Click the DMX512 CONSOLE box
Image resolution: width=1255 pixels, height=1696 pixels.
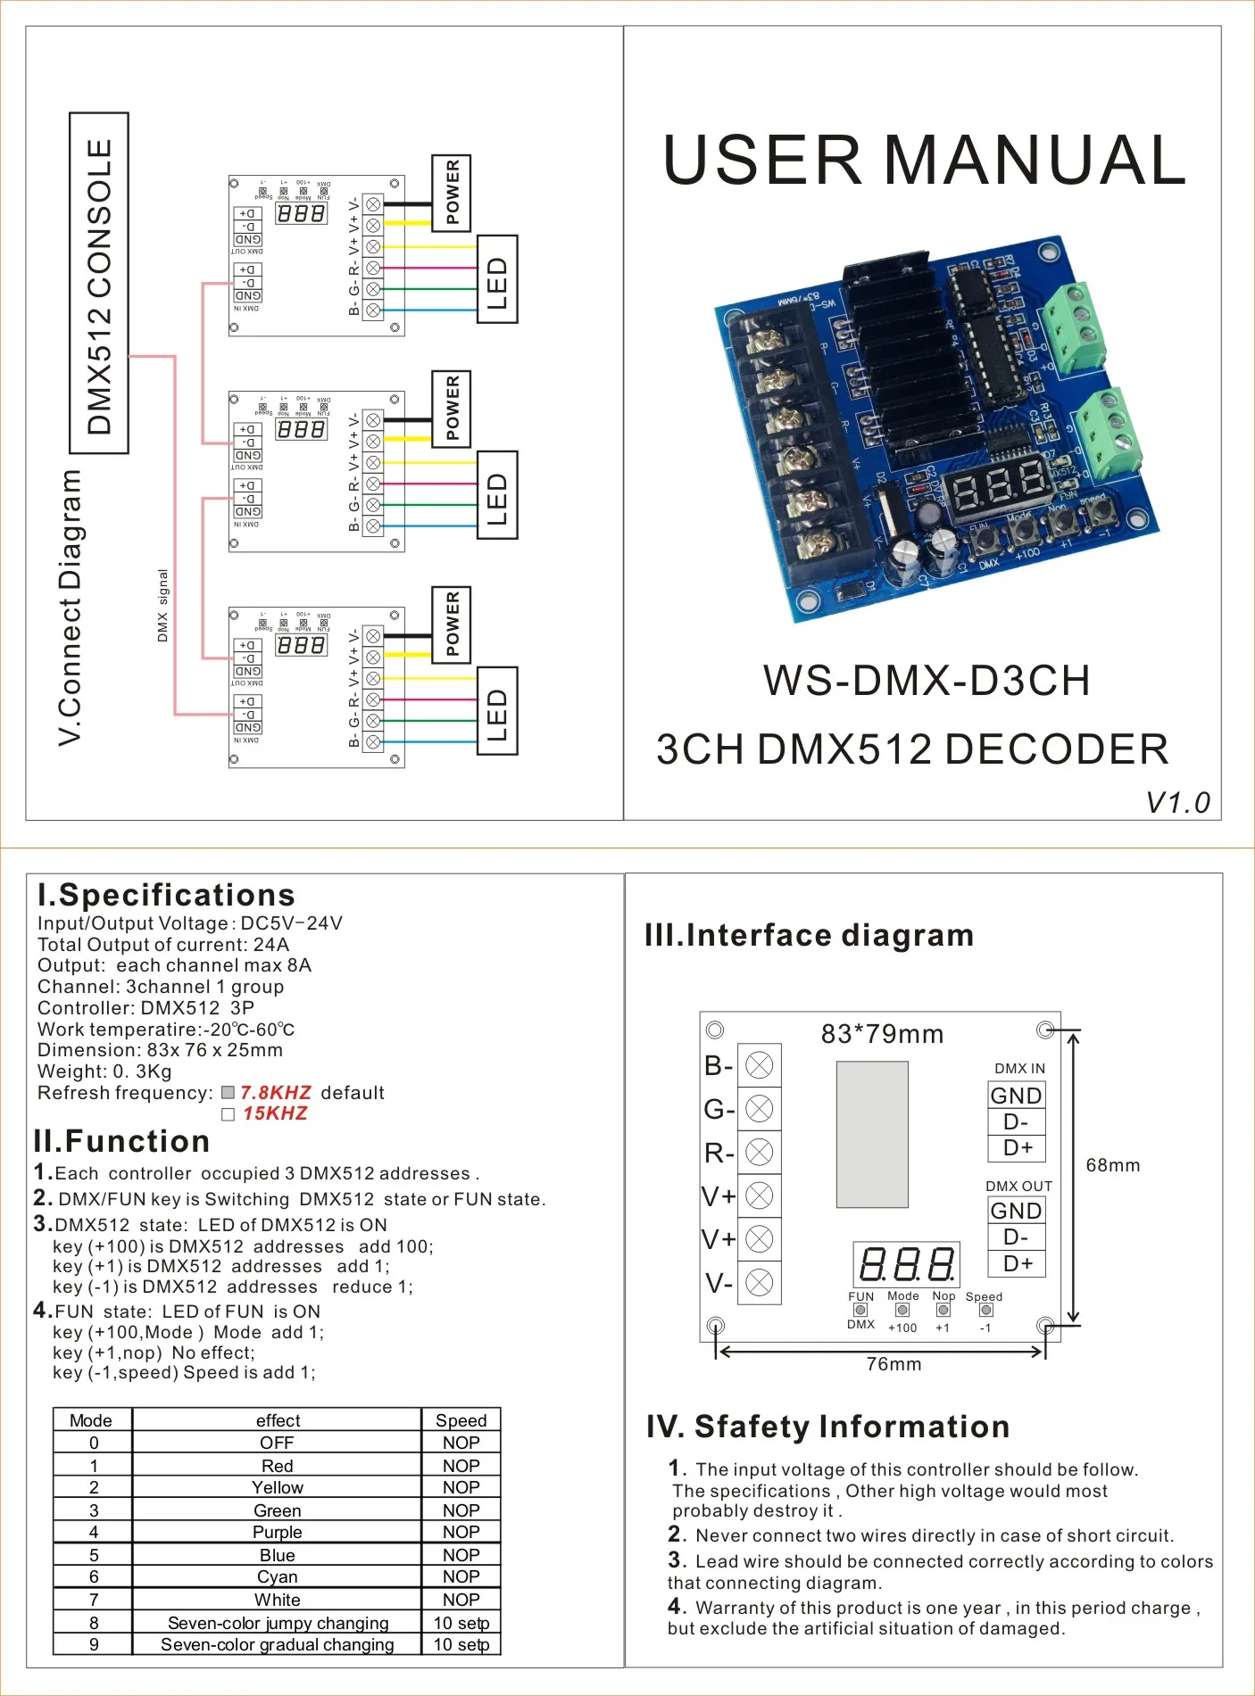click(99, 284)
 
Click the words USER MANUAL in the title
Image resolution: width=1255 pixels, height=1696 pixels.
click(925, 161)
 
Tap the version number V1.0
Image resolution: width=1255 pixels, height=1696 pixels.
click(1177, 803)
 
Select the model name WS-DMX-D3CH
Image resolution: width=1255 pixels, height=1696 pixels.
click(927, 681)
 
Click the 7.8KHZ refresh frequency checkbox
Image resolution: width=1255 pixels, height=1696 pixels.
click(229, 1093)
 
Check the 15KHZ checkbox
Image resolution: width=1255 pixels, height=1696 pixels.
click(229, 1114)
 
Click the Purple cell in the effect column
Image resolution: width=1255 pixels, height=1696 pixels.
click(277, 1533)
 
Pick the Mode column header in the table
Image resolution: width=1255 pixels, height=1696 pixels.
click(91, 1420)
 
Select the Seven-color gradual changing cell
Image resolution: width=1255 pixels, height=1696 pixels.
click(277, 1644)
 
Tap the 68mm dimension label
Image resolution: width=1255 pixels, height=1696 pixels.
click(1112, 1165)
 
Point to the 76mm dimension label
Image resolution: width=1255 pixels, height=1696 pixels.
click(893, 1364)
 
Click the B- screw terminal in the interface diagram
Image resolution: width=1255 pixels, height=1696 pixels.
click(759, 1065)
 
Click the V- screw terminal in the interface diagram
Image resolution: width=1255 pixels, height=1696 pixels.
click(759, 1283)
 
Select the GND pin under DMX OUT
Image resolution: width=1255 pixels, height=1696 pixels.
click(1016, 1211)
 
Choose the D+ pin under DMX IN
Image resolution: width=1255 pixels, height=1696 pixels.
click(1017, 1147)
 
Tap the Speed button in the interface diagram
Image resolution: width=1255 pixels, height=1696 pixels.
click(985, 1310)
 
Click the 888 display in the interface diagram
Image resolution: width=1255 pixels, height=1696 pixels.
click(906, 1264)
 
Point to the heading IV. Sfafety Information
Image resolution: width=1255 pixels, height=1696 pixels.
click(827, 1427)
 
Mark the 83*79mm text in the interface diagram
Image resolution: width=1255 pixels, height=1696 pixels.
click(882, 1034)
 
